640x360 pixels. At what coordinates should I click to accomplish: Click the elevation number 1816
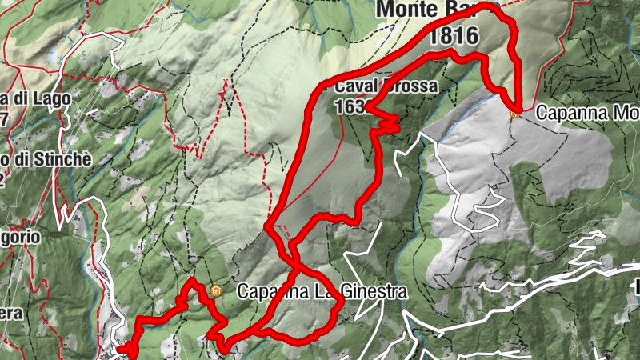click(x=454, y=35)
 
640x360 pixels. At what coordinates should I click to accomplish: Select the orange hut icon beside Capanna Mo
click(x=515, y=113)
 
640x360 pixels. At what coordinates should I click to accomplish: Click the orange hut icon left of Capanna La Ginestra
click(x=216, y=290)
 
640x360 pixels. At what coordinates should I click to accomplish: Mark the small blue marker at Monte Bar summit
click(x=496, y=6)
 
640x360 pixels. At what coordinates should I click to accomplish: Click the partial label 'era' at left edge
click(x=10, y=313)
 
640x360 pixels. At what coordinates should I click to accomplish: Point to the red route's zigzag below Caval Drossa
click(x=388, y=123)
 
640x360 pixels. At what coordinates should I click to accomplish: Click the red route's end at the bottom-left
click(x=122, y=349)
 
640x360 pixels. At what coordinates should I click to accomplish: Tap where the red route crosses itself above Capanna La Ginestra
click(x=294, y=263)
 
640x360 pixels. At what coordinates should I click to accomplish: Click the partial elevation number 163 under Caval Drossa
click(x=350, y=106)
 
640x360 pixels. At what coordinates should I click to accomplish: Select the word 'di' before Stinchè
click(x=18, y=159)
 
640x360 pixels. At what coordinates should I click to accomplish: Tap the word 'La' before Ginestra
click(x=330, y=292)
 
